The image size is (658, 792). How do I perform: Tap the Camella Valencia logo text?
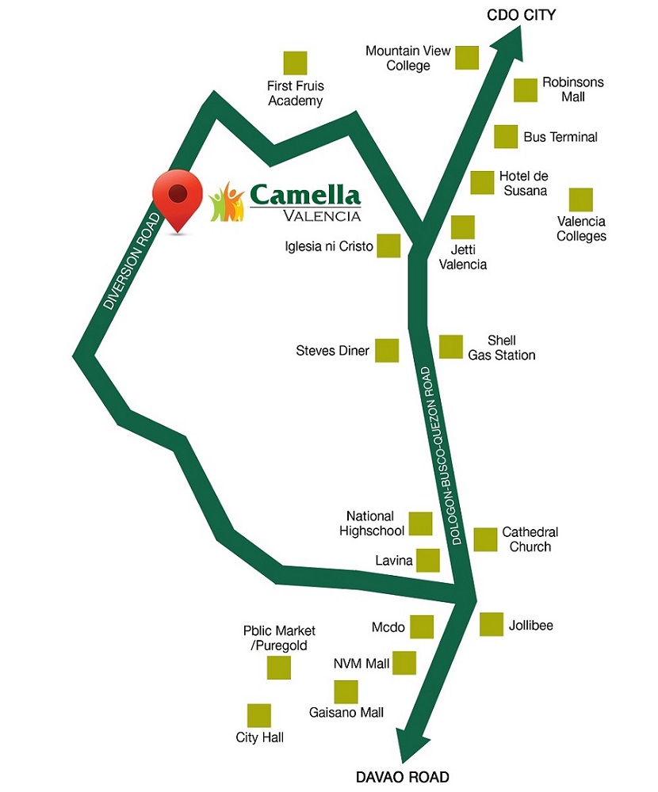[305, 201]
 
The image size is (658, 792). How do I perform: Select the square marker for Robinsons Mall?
[526, 89]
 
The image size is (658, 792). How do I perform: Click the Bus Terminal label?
[560, 137]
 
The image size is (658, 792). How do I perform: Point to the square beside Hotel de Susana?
[482, 182]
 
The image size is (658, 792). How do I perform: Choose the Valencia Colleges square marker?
[581, 200]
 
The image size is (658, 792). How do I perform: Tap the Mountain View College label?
[408, 58]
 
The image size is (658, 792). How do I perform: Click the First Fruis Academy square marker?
[295, 63]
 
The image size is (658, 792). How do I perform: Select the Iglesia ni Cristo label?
[329, 246]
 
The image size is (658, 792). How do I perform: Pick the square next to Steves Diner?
[387, 350]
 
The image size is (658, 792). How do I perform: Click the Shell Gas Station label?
[501, 348]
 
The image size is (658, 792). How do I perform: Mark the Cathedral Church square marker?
[485, 539]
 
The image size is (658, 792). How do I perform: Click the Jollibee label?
[530, 626]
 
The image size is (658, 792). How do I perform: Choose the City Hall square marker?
[259, 715]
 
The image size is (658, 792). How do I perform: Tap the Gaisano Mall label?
[346, 713]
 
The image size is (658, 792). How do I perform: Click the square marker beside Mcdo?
[422, 626]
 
